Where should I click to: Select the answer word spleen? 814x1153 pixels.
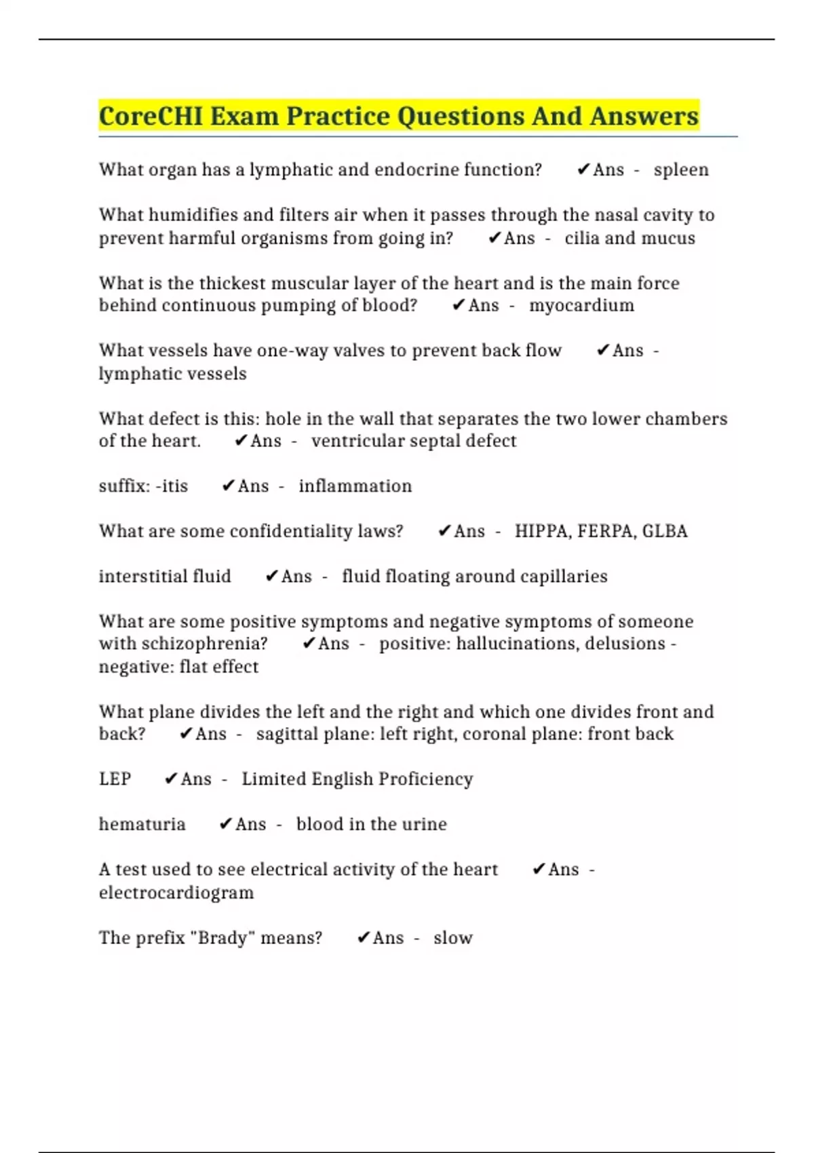pyautogui.click(x=681, y=170)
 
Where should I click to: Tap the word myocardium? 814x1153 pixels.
pyautogui.click(x=581, y=305)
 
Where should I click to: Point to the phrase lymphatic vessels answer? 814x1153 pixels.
pyautogui.click(x=172, y=374)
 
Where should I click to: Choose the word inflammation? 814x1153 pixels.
pyautogui.click(x=355, y=486)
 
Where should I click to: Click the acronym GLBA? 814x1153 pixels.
pyautogui.click(x=665, y=531)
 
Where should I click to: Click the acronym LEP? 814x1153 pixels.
pyautogui.click(x=115, y=779)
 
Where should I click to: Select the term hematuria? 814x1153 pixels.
pyautogui.click(x=142, y=825)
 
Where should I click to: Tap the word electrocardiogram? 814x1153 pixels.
pyautogui.click(x=176, y=893)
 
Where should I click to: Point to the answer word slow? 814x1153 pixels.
pyautogui.click(x=453, y=938)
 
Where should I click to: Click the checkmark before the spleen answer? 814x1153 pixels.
pyautogui.click(x=583, y=170)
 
